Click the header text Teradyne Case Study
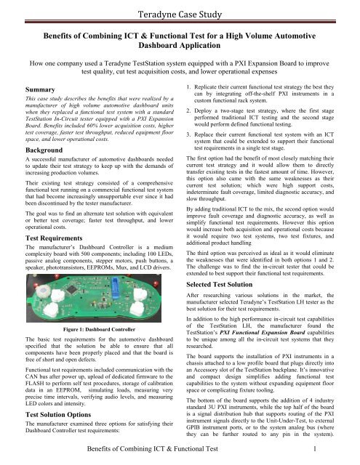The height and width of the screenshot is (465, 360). coord(180,10)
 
